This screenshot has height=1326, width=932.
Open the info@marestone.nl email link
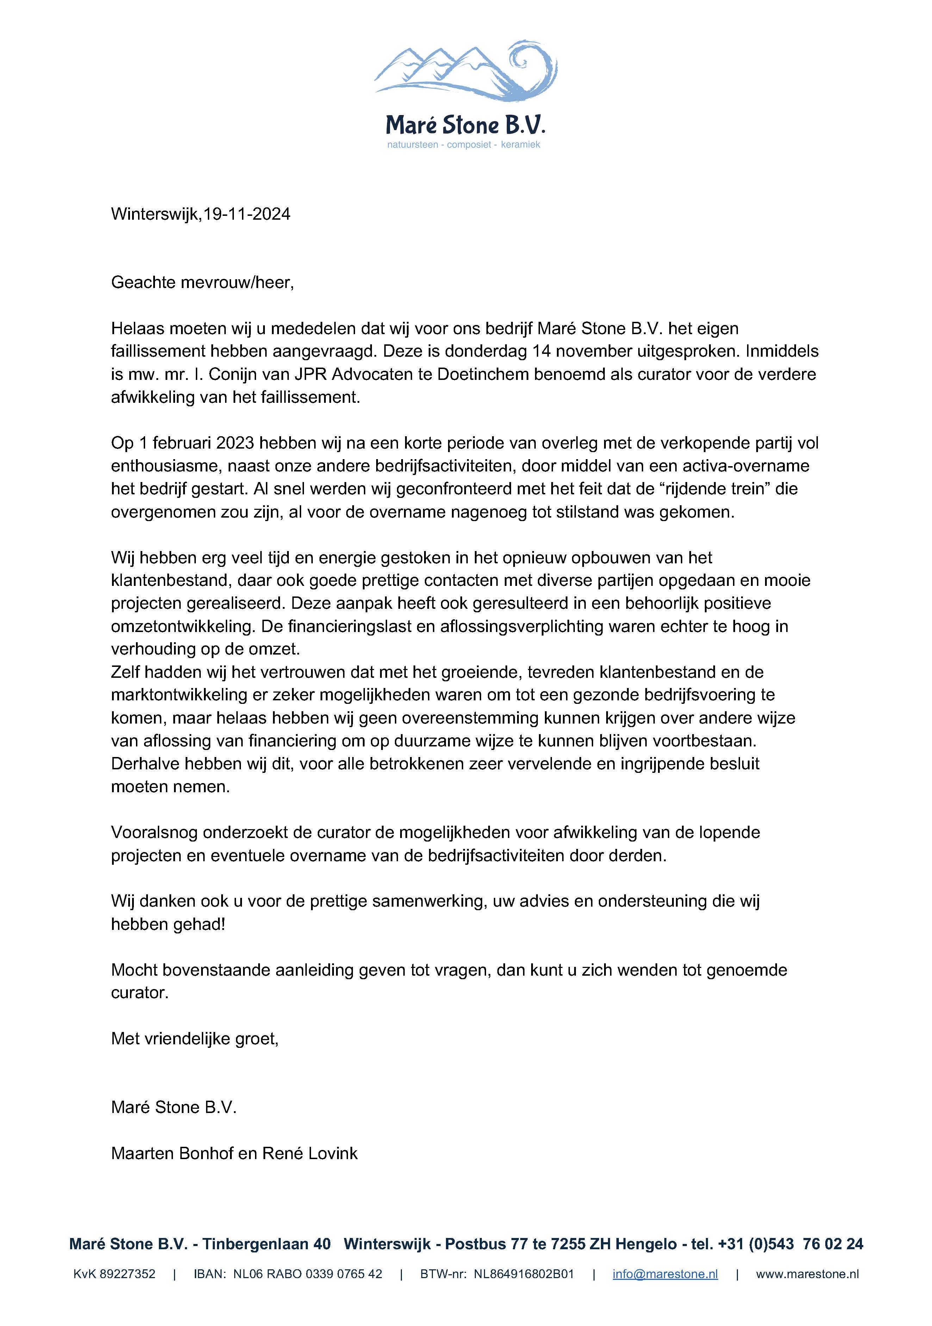coord(665,1274)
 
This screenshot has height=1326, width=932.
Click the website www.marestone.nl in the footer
coord(807,1274)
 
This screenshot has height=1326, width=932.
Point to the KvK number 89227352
coord(127,1274)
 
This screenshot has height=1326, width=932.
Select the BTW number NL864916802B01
coord(523,1274)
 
